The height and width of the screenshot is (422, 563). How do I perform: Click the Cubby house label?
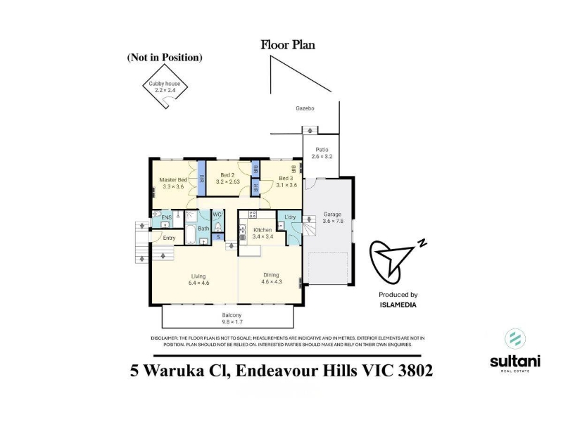coord(165,87)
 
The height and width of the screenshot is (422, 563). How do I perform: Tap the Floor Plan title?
coord(288,45)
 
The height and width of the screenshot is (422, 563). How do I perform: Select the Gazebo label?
coord(305,108)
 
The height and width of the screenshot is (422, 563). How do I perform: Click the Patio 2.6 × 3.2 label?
coord(322,153)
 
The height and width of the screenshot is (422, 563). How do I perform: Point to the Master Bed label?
coord(173,183)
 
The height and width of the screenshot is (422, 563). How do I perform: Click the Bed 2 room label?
coord(227,179)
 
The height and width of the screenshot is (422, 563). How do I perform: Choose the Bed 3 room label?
coord(286,181)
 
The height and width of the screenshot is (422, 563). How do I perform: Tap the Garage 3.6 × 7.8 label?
coord(333,217)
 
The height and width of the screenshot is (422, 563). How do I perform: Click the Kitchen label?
coord(262,234)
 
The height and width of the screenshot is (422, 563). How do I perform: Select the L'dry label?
coord(290,217)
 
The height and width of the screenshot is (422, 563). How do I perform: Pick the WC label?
coord(217,215)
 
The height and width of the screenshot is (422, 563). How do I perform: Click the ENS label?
coord(166,218)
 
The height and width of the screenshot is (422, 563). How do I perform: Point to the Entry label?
coord(169,238)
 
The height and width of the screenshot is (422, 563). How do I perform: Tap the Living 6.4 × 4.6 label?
coord(198,279)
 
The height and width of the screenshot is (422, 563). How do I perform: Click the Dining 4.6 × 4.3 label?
coord(272,279)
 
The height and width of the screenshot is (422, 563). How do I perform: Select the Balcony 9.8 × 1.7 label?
coord(232,319)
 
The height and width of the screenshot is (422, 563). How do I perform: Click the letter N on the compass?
coord(422,243)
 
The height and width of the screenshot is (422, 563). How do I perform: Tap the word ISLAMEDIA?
coord(398,305)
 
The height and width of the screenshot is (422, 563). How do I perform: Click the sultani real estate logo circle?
coord(515,338)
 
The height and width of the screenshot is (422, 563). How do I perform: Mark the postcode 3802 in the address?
coord(415,371)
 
